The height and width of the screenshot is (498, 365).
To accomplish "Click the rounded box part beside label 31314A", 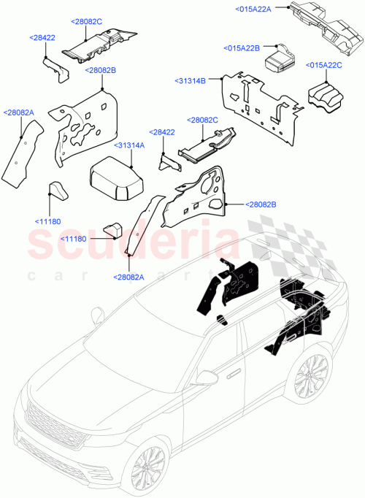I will pyautogui.click(x=118, y=180).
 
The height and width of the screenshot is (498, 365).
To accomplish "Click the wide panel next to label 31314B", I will pyautogui.click(x=259, y=98).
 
